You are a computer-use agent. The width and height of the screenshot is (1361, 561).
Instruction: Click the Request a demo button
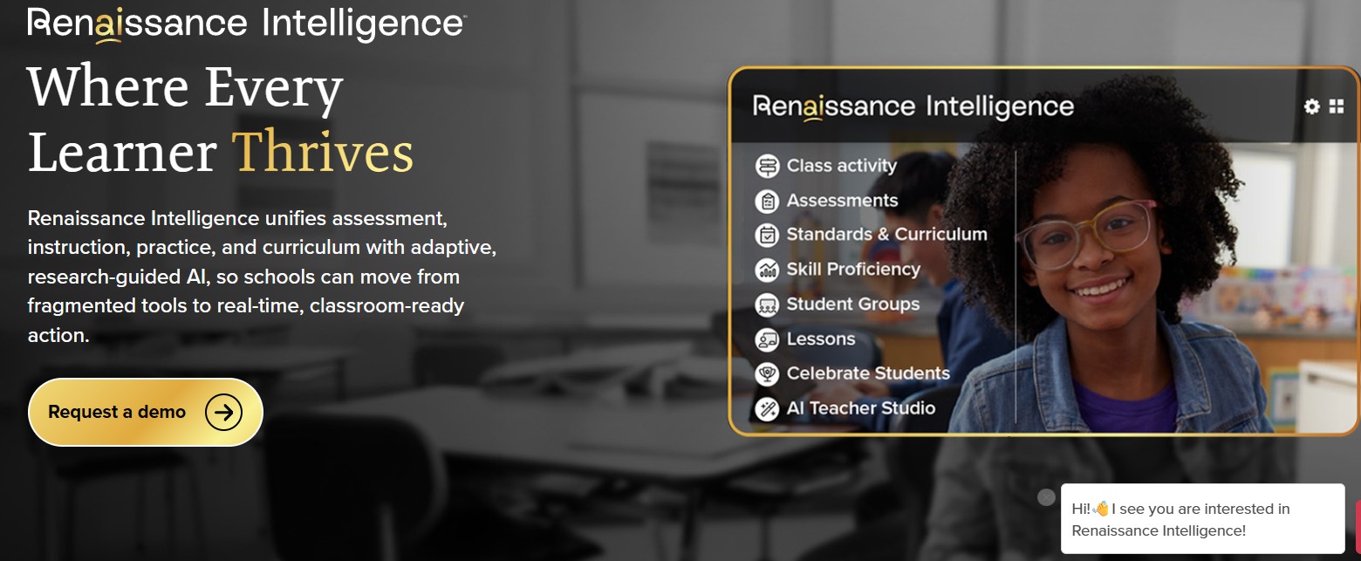145,412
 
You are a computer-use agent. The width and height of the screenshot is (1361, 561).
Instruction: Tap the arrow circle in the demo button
223,412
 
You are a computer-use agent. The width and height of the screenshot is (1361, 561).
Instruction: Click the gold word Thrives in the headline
323,153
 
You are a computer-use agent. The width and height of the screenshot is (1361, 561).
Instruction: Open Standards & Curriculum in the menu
872,235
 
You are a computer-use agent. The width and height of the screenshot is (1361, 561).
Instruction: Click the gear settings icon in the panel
1312,107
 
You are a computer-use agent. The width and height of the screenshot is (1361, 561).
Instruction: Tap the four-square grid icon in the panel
1337,106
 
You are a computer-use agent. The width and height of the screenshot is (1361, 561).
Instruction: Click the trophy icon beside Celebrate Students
767,373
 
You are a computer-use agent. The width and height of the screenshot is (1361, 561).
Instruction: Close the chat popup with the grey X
1046,497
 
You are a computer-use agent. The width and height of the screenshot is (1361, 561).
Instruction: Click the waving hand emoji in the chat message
1100,508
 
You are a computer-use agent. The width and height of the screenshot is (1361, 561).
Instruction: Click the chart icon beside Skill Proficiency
767,270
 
